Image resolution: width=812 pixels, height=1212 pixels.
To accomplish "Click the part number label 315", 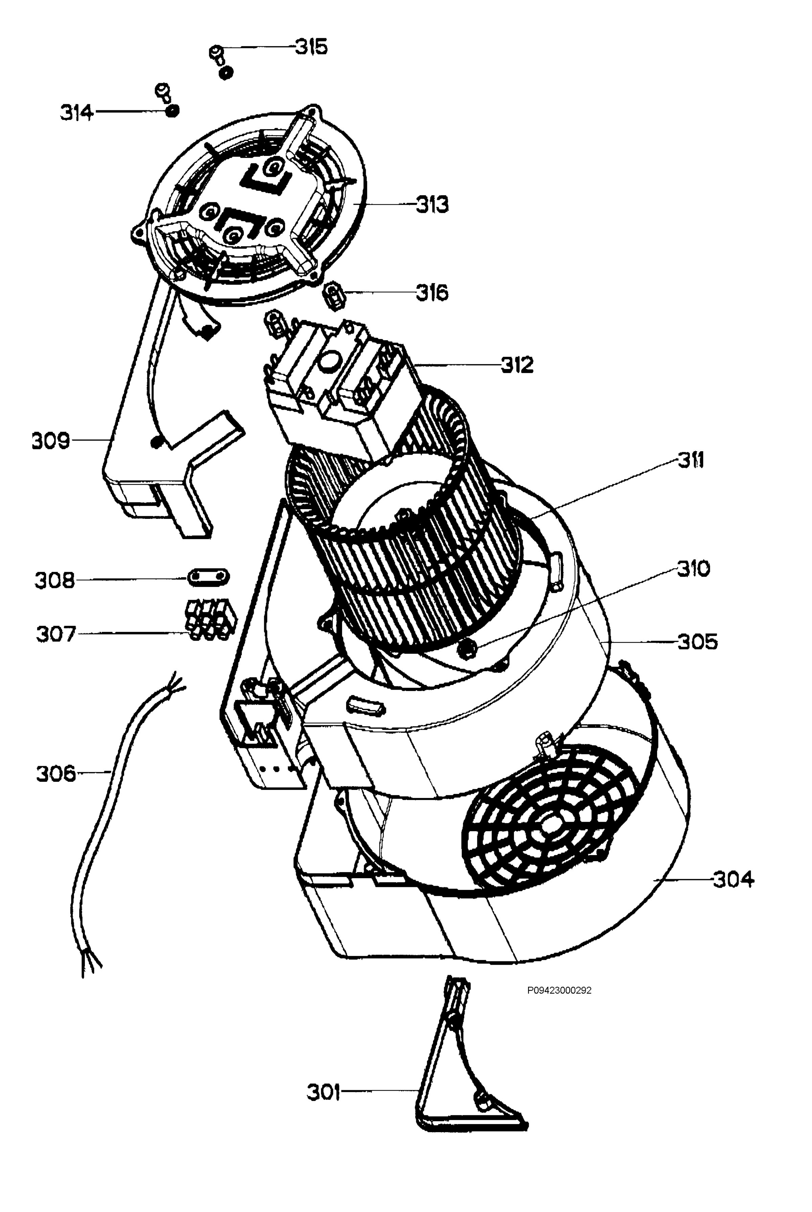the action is tap(311, 47).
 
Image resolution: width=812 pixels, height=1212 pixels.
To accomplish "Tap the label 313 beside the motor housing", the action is tap(432, 205).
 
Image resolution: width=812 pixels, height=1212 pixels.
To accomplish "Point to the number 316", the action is tap(432, 293).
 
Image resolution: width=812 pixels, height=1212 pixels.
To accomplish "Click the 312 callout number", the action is tap(517, 366).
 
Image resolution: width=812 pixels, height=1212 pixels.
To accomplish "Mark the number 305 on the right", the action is tap(698, 642).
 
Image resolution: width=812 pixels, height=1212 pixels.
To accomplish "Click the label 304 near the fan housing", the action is tap(733, 879).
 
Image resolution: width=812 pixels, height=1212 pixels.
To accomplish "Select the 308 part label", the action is tap(54, 580).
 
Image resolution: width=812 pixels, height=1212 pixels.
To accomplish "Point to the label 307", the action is tap(56, 634).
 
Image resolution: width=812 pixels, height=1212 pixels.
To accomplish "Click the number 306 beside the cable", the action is tap(55, 774).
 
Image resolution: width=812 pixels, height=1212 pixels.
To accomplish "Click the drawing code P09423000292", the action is tap(559, 990).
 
